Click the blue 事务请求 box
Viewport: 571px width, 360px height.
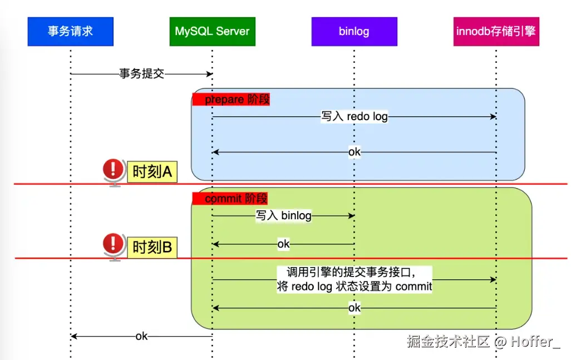tap(70, 31)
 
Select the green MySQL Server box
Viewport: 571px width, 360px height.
tap(212, 31)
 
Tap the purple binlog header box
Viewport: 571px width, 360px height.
tap(354, 31)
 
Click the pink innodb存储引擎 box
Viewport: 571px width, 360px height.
tap(496, 31)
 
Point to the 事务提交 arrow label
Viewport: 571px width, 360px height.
tap(142, 73)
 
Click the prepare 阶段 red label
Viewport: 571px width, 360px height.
tap(231, 100)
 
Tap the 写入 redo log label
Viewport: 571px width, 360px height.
tap(355, 117)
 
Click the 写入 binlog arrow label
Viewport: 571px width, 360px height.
tap(283, 216)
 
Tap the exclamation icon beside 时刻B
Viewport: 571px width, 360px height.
tap(114, 244)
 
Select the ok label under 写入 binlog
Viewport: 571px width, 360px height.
tap(283, 244)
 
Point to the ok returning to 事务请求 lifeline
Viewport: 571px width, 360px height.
tap(141, 337)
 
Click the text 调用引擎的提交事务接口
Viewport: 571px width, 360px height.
tap(351, 273)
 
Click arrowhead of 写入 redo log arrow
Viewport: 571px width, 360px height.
tap(493, 117)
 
